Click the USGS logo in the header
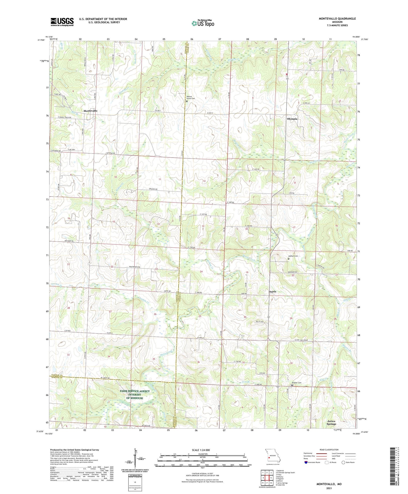coord(62,22)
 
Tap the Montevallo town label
coord(90,111)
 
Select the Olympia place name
coord(292,119)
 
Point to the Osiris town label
coord(272,292)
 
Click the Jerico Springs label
coord(331,423)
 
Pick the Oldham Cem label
coord(293,256)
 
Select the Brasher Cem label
coord(297,383)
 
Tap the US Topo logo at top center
coord(203,23)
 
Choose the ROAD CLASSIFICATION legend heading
coord(329,450)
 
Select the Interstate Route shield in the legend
coord(306,462)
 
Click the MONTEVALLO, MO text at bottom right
coord(329,484)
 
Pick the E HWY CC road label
coord(307,103)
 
